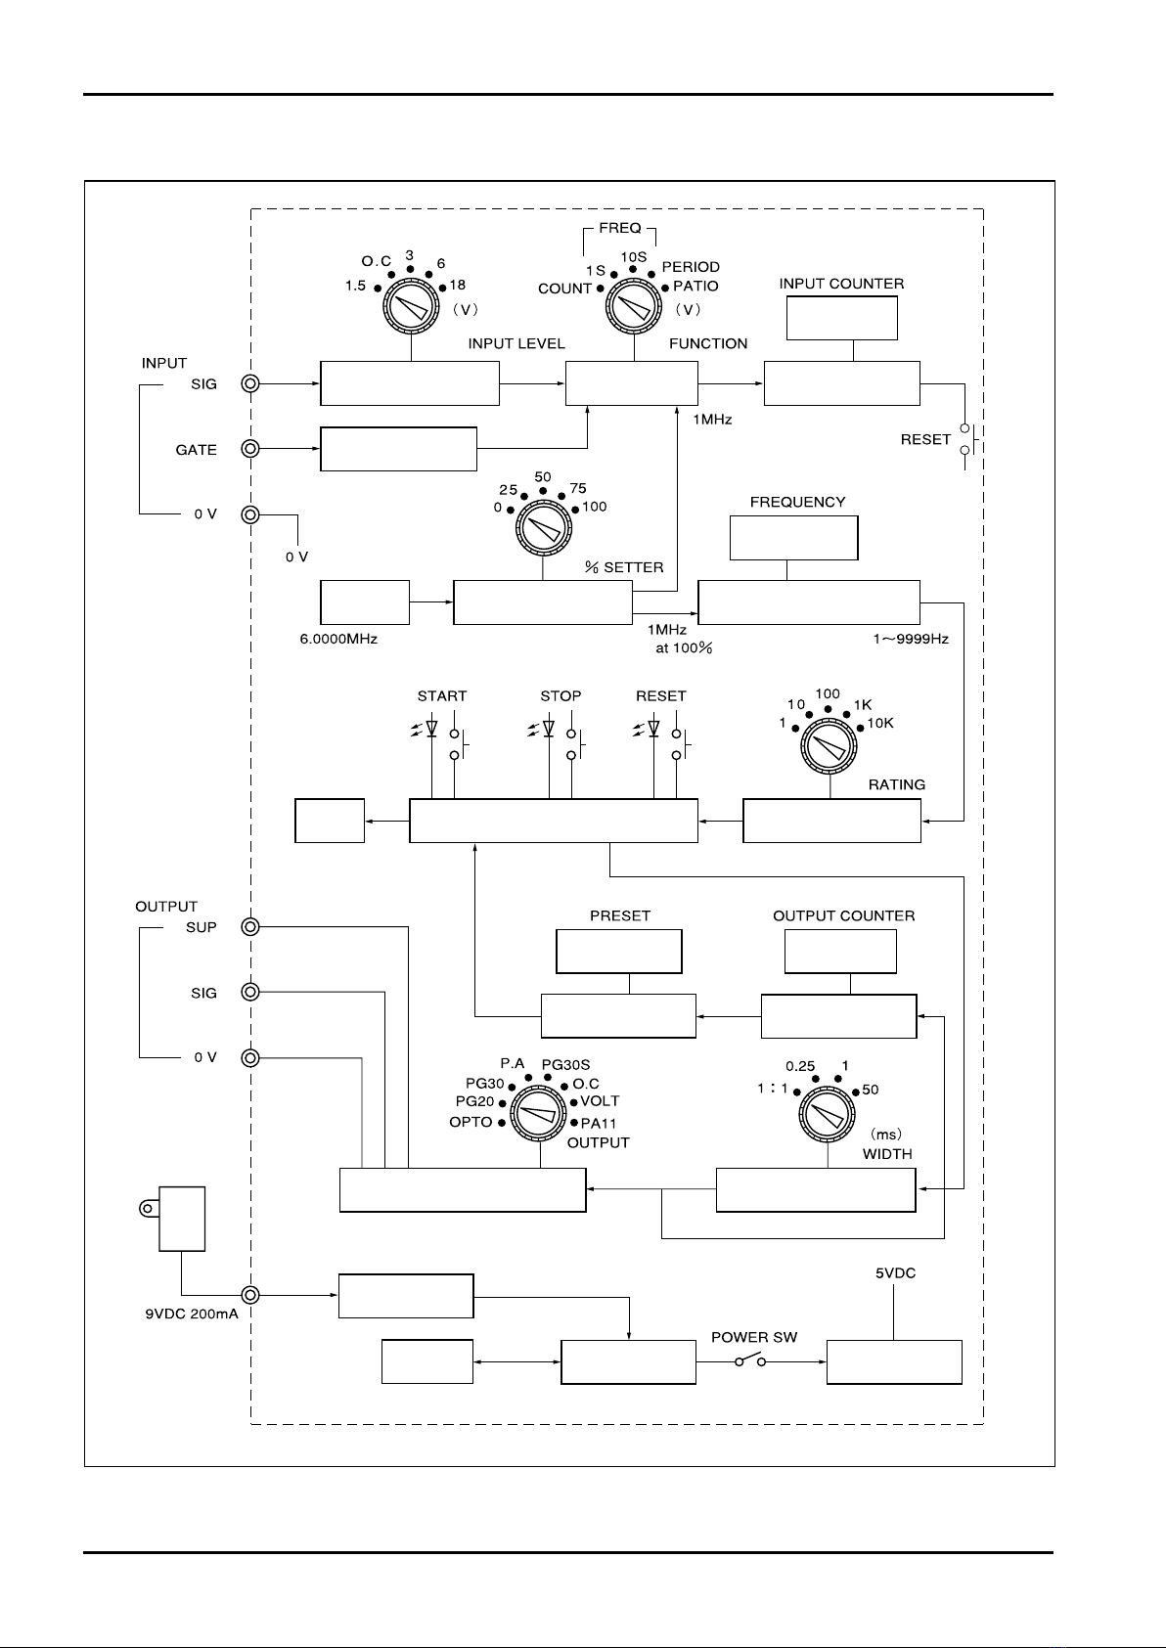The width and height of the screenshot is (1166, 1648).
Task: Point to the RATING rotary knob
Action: (830, 748)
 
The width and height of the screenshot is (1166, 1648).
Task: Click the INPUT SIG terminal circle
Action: (250, 384)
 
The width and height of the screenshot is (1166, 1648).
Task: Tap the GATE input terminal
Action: (250, 449)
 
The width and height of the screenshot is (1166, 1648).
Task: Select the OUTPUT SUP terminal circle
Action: (250, 927)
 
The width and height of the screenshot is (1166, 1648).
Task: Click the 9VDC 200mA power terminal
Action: (250, 1295)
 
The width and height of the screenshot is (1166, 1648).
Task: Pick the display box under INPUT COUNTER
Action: (842, 317)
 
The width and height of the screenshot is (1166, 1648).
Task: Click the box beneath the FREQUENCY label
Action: (794, 538)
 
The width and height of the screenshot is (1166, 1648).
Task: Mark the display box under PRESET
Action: (619, 952)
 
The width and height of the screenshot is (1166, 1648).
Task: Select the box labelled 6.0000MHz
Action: (365, 601)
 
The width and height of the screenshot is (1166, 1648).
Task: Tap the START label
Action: (442, 696)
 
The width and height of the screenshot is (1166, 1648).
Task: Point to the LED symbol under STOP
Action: (548, 730)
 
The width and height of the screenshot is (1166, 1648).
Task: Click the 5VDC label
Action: (895, 1274)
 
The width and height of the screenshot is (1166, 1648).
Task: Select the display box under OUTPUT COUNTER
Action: (841, 952)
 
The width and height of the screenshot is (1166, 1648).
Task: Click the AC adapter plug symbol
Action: (176, 1218)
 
